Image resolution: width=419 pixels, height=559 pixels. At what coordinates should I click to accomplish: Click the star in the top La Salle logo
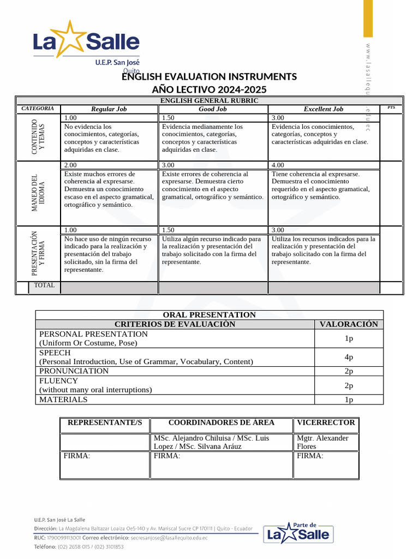coord(75,40)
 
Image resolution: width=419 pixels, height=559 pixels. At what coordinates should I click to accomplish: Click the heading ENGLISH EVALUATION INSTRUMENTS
coord(209,76)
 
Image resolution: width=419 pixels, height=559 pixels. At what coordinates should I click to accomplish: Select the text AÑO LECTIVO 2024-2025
coord(209,90)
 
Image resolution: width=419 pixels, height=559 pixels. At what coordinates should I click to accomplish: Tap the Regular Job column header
coord(109,109)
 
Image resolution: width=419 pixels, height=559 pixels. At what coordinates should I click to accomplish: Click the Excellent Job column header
coord(324,109)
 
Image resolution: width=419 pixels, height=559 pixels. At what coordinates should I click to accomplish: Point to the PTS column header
coord(391,108)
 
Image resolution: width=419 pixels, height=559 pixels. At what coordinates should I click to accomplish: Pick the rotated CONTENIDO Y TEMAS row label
coord(38,136)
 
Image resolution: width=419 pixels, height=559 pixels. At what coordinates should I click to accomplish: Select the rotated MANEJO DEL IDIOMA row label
coord(38,193)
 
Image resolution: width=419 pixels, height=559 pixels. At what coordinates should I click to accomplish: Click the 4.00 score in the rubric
coord(279,165)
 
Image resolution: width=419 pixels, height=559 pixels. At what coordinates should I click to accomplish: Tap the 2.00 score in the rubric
coord(71,165)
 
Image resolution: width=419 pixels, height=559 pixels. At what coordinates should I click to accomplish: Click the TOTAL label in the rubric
coord(44,286)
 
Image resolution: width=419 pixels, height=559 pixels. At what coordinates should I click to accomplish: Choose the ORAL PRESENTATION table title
coord(209,315)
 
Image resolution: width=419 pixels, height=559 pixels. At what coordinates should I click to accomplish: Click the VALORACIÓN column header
coord(349,324)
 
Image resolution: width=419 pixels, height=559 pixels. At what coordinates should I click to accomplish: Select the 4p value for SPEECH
coord(349,357)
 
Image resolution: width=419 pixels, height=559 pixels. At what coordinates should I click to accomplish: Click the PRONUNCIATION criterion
coord(74,371)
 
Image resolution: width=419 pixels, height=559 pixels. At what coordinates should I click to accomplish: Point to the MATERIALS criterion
coord(63,400)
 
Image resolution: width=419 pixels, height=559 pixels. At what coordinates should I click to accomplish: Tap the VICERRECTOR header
coord(326,423)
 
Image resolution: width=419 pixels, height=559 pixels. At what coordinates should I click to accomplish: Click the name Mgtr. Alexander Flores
coord(322,442)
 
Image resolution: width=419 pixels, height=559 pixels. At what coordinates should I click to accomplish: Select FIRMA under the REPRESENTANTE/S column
coord(77,456)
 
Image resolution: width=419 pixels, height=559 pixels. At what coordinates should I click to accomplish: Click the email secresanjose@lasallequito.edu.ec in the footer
coord(169,538)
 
